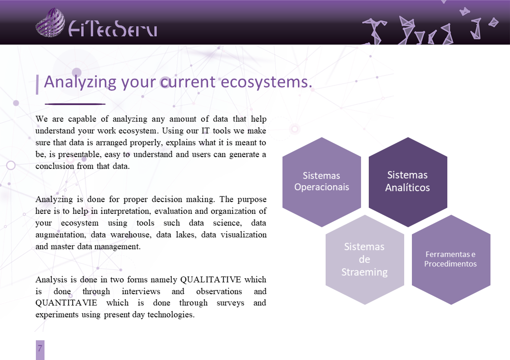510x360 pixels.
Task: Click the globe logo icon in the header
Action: [50, 22]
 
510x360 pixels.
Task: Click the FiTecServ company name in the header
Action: [113, 29]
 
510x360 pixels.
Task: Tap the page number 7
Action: [40, 348]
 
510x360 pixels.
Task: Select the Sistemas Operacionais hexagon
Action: [322, 182]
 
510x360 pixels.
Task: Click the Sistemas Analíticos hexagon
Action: [408, 182]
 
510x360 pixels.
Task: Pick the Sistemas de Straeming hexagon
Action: [365, 260]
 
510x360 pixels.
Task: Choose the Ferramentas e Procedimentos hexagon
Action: [451, 260]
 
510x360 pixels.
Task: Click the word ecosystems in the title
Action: [267, 82]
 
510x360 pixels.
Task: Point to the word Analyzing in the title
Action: [80, 82]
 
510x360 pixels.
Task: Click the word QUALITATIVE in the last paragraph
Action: [210, 280]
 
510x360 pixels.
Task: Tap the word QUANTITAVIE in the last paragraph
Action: [66, 303]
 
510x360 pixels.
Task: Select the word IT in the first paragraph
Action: [206, 131]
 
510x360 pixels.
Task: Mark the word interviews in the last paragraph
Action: [141, 291]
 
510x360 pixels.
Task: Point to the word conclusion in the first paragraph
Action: [54, 166]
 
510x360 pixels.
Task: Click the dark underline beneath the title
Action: [75, 104]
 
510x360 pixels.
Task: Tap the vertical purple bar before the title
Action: [37, 84]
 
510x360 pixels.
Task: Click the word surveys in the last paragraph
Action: [230, 303]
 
